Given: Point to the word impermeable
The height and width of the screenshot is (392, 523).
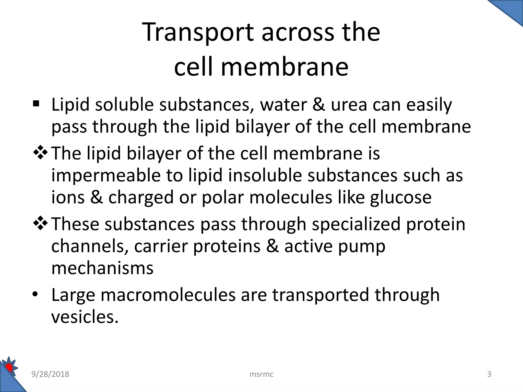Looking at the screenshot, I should pos(106,176).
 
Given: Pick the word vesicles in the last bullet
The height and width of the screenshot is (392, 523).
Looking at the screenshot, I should pos(85,317).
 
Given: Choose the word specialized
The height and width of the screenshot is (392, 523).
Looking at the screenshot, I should pos(356,224).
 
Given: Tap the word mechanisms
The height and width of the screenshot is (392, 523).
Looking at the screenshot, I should pos(102,268).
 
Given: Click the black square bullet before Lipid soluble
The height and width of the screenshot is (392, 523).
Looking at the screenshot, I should pos(36,104).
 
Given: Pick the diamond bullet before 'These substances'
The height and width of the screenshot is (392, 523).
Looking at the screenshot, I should pos(41,223).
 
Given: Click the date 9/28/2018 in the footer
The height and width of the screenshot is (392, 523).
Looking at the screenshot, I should pos(50,374).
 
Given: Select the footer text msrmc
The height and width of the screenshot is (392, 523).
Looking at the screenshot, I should pos(261,374).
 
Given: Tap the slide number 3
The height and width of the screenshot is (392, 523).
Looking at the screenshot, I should pos(489,374).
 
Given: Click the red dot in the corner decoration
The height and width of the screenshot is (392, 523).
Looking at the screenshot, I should pos(9,368).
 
